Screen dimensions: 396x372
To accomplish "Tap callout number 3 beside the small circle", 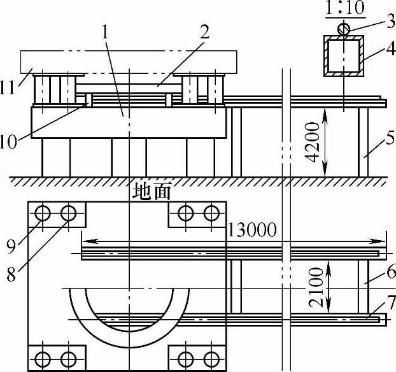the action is [x=390, y=21].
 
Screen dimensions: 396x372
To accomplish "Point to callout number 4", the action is [x=391, y=49].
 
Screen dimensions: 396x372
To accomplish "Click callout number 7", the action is [x=391, y=302].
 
